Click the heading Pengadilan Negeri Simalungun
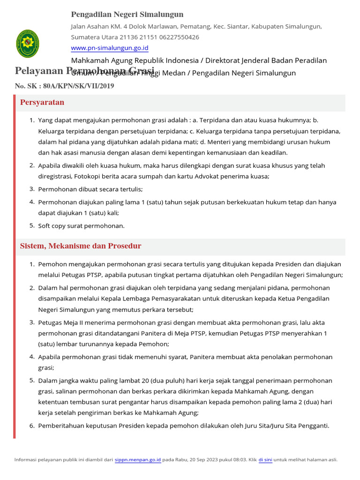[x=127, y=15]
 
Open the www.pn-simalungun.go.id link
[x=110, y=48]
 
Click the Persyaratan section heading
[x=42, y=103]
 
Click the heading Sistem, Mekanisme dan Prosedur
[x=81, y=246]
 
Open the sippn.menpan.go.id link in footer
[x=138, y=460]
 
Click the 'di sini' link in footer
[x=265, y=460]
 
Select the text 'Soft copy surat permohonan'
[x=81, y=226]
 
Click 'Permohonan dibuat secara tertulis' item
[x=90, y=189]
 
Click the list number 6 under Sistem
[x=32, y=426]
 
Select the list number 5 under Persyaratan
[x=32, y=225]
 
